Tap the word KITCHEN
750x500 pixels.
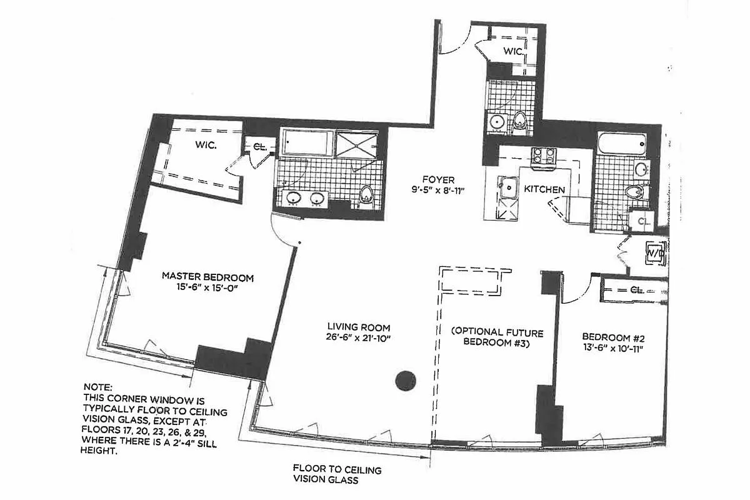point(544,189)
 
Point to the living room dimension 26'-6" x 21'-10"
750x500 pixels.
point(359,338)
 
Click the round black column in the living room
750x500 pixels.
point(406,380)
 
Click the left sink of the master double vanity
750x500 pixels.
point(294,199)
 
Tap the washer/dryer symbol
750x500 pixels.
point(654,253)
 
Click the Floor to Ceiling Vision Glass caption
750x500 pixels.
point(337,475)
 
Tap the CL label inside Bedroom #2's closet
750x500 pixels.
point(637,290)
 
